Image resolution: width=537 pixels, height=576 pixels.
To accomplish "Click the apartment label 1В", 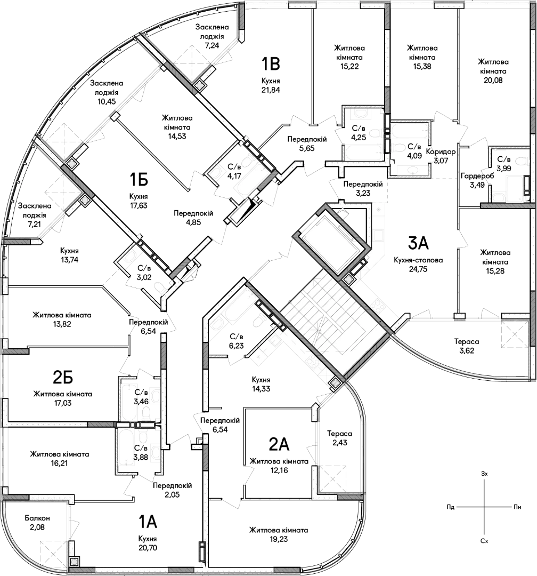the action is pos(271,63).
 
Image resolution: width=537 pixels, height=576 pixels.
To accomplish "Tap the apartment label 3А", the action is pos(419,243).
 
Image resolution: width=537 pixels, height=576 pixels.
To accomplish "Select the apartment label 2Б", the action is pos(63,377).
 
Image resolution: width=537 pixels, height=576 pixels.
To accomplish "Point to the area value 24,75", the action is pos(418,269).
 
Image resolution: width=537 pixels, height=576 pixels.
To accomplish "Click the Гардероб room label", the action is pos(477,176).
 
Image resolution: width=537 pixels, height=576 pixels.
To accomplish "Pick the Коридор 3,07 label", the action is pos(441,156).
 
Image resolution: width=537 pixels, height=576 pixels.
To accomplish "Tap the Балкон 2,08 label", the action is pos(37,523).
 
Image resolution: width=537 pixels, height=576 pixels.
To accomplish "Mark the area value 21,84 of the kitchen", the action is pos(271,90).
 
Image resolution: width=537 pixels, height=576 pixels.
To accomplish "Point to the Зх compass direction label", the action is pos(484,474).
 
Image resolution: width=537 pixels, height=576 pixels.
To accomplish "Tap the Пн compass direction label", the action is pos(517,507).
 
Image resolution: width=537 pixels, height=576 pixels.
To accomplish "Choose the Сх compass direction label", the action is pos(484,541).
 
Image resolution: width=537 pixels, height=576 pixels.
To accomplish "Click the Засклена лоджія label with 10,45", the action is pos(107,92).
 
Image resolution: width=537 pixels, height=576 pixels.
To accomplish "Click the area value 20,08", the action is pos(493,80).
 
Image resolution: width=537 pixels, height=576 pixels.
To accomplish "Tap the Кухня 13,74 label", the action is pos(69,255).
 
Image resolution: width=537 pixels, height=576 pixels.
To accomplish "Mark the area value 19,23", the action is pos(279,539).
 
